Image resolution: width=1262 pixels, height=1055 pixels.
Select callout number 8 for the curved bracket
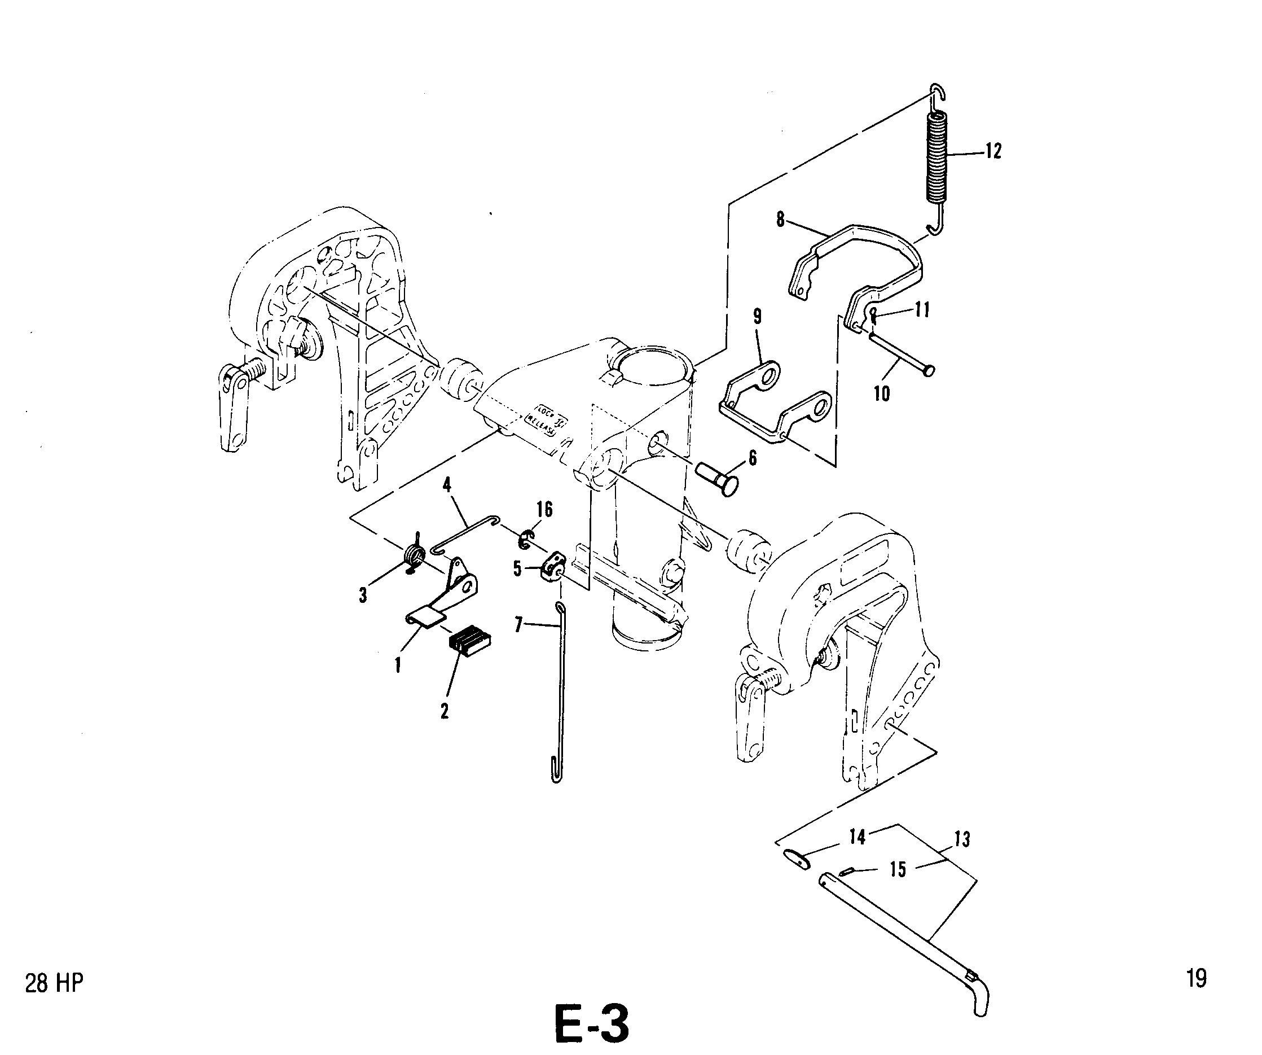coord(780,220)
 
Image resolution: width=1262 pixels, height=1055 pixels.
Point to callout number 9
coord(757,317)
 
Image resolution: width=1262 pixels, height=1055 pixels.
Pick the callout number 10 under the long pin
coord(882,395)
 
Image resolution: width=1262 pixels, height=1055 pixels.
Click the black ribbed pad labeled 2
coord(470,640)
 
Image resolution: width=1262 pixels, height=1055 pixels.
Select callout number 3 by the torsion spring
coord(363,596)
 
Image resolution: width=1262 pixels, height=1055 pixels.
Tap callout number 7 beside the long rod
coord(518,625)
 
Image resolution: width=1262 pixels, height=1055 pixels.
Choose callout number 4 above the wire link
coord(447,484)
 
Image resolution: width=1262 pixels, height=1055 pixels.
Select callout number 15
coord(898,869)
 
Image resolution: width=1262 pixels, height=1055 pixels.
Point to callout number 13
coord(962,839)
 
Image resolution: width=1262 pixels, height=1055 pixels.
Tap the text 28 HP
coord(54,984)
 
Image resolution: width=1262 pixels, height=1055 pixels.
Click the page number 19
coord(1197,978)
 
